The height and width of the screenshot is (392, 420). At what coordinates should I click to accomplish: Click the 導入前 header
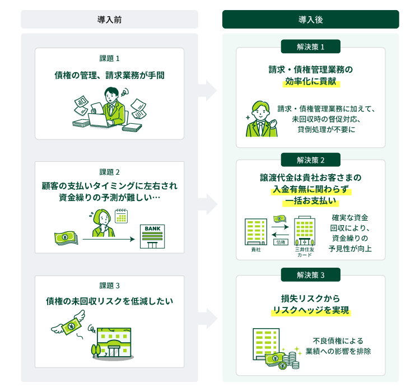coord(109,20)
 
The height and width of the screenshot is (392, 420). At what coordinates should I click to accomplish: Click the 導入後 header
coord(310,20)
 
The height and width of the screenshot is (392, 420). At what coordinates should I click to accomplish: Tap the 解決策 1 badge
coord(310,47)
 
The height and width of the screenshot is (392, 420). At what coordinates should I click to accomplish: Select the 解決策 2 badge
coord(310,160)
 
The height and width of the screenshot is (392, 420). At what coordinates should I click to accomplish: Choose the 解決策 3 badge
coord(310,275)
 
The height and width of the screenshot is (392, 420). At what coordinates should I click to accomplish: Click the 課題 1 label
coord(109,58)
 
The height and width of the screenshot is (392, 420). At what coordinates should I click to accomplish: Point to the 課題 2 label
coord(109,172)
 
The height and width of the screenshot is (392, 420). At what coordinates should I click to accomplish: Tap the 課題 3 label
coord(109,286)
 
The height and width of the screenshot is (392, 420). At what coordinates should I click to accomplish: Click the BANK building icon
coord(152,236)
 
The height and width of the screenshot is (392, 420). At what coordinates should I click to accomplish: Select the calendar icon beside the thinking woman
coord(121,216)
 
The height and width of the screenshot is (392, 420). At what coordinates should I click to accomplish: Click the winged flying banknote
coord(68,323)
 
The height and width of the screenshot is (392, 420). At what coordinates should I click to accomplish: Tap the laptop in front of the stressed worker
coord(98,120)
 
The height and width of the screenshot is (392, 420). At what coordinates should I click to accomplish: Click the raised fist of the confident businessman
coord(273,123)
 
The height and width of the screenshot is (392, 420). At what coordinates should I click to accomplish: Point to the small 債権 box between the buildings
coord(281,242)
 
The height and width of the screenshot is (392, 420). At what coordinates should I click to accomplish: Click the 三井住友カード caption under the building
coord(305,252)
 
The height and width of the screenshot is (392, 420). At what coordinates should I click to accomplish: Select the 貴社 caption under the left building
coord(256,250)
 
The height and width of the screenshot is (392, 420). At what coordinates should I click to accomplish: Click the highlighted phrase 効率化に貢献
coord(310,81)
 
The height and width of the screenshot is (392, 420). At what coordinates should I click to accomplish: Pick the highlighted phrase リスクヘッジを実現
coord(311,310)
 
